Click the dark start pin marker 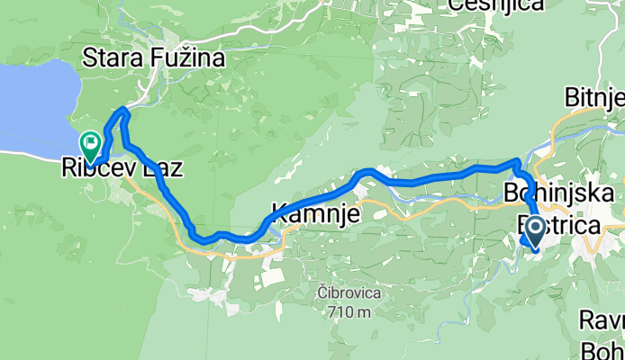533,230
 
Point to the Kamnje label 312,216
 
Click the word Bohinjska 560,193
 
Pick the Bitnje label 594,96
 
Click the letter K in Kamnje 273,216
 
